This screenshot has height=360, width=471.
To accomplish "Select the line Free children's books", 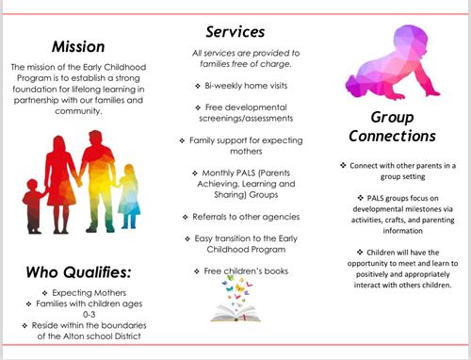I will click(239, 271).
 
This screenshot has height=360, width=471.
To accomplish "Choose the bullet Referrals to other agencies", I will click(239, 216).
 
